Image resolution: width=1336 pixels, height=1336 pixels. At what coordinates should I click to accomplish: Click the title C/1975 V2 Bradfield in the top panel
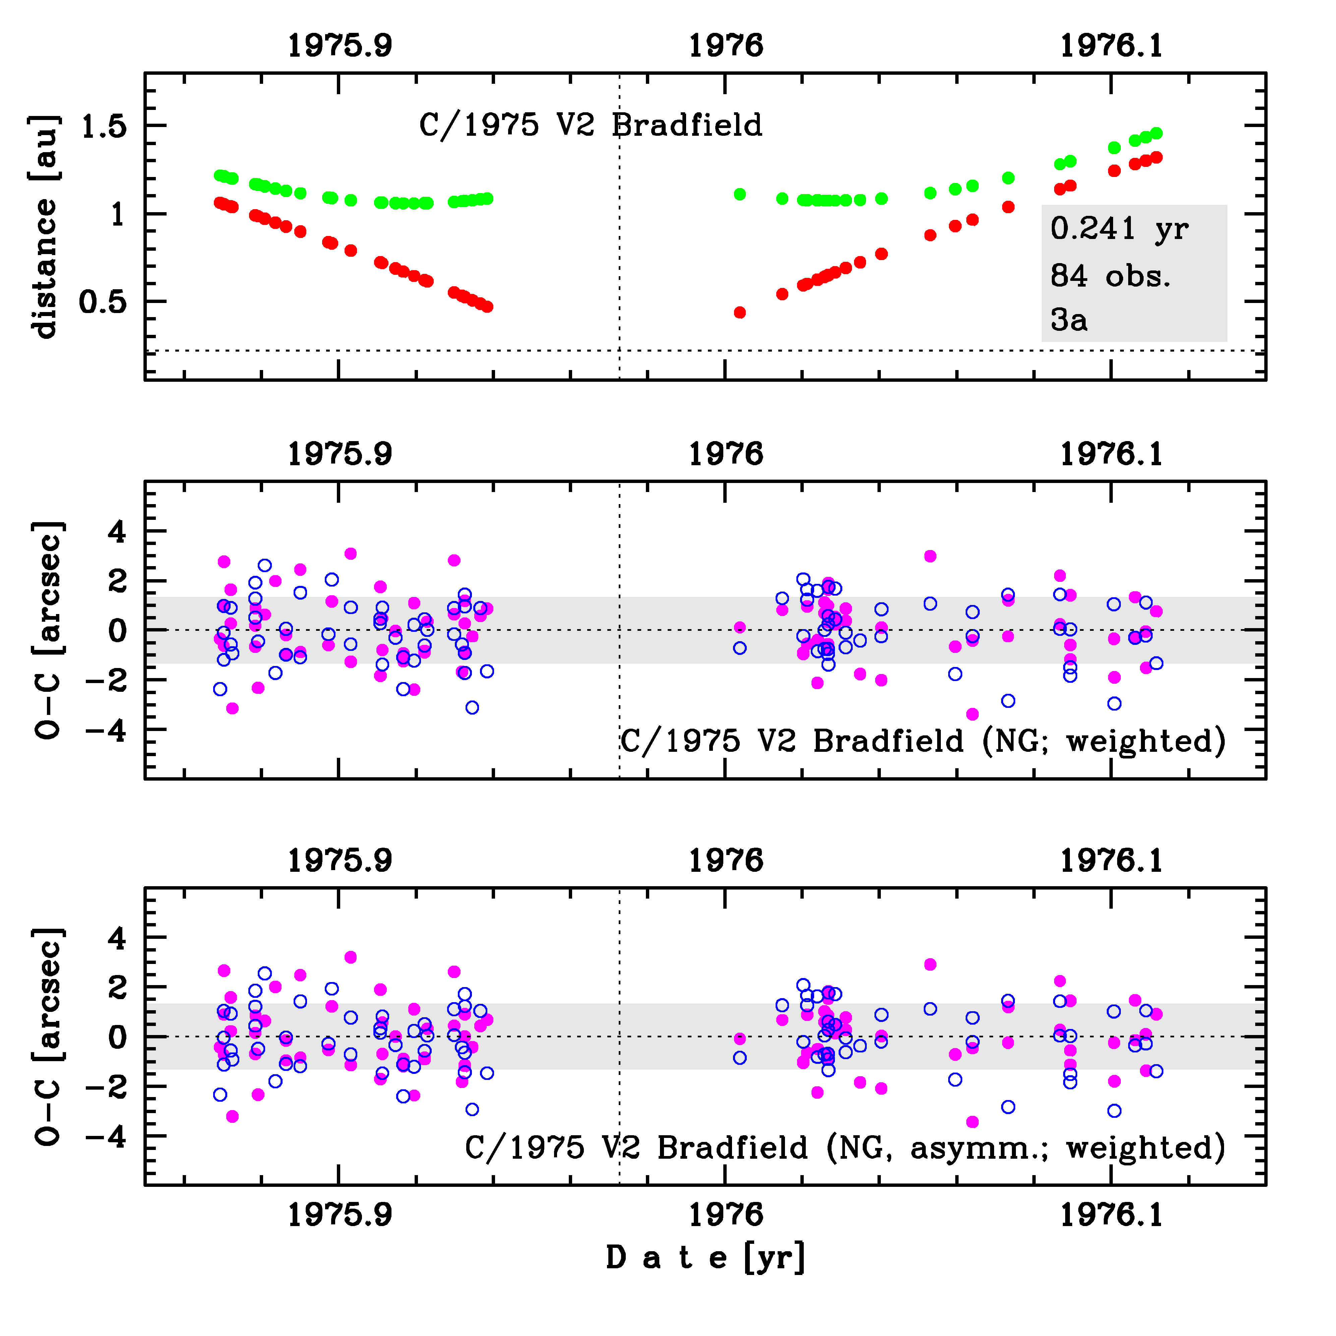(590, 125)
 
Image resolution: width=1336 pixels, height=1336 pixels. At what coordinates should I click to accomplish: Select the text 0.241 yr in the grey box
(1119, 228)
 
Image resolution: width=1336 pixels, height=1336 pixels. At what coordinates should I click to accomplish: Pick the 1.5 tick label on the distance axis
(104, 127)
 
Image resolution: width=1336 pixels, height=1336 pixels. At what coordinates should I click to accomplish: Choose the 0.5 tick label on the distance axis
(104, 302)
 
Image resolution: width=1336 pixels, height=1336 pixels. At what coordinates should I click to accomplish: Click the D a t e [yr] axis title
(705, 1257)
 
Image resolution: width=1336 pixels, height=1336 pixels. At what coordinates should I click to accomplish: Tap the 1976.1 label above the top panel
(1111, 46)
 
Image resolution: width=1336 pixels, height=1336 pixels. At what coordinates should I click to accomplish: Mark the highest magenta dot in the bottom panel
(350, 957)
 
